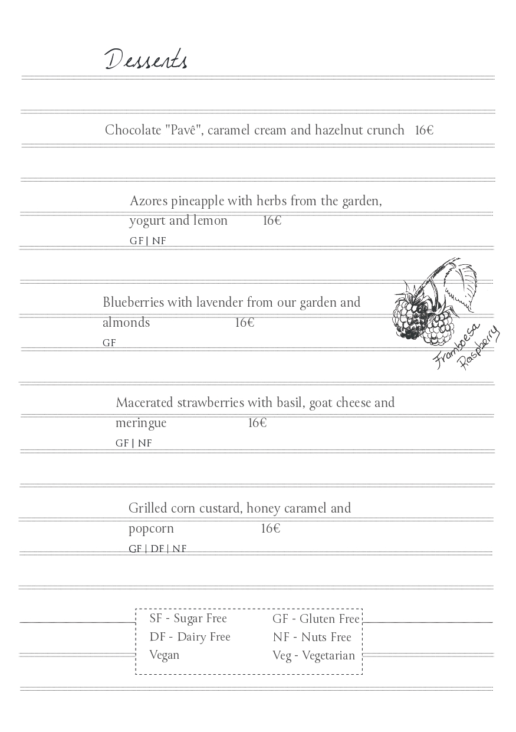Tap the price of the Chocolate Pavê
(423, 130)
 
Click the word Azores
(149, 201)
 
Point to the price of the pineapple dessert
(272, 221)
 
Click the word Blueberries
(133, 303)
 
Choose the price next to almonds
(244, 323)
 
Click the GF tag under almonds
(109, 343)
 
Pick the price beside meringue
(257, 423)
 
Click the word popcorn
(151, 529)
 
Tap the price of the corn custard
(270, 529)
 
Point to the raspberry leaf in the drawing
(461, 284)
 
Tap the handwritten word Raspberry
(479, 349)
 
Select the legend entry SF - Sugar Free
(188, 619)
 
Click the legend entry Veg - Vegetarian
(314, 655)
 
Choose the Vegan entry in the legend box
(165, 655)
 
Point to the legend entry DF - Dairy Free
(190, 637)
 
